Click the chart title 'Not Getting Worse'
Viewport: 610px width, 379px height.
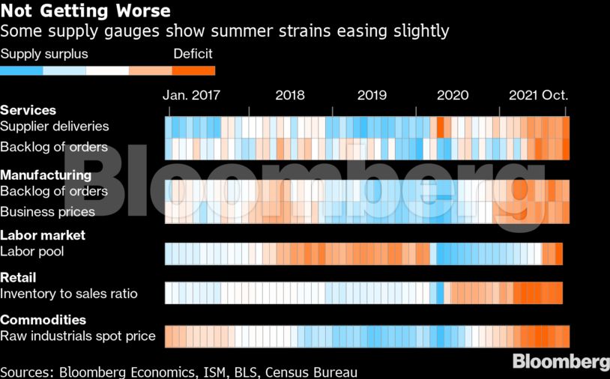[x=85, y=11]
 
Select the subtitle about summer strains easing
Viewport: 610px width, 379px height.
[x=225, y=31]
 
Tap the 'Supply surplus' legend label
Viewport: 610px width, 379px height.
[x=44, y=54]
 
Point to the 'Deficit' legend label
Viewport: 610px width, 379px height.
[x=193, y=54]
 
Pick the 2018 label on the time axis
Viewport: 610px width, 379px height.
[x=290, y=95]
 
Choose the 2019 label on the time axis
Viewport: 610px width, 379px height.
[x=372, y=95]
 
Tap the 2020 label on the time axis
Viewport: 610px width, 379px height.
[x=453, y=95]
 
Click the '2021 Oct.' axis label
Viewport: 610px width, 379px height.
[x=539, y=95]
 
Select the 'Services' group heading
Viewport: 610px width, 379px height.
[x=28, y=110]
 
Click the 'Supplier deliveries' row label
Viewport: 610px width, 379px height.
[x=55, y=127]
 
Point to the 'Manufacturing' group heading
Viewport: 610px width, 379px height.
[x=46, y=175]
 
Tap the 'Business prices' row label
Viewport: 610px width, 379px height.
[x=48, y=212]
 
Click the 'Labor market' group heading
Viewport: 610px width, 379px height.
[x=43, y=235]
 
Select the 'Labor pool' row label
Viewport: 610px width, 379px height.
[x=32, y=252]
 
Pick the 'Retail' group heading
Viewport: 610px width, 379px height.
[x=18, y=278]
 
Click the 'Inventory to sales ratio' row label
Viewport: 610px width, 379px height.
[x=69, y=294]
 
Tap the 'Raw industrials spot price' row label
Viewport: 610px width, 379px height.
[x=78, y=336]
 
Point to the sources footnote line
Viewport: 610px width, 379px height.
[x=178, y=372]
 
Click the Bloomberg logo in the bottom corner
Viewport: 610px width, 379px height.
[x=561, y=362]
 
